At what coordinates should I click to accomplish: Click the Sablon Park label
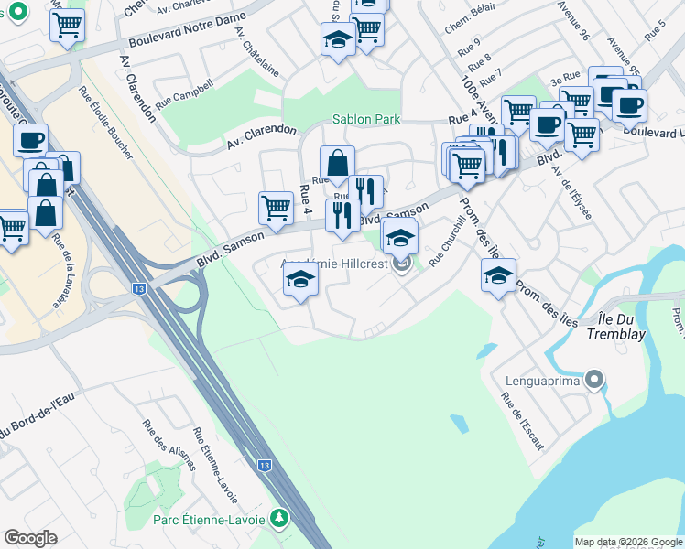366,119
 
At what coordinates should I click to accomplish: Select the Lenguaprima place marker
595,378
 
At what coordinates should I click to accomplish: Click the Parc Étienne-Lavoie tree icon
280,519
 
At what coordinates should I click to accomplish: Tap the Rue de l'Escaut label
522,422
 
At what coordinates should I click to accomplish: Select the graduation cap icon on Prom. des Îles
498,274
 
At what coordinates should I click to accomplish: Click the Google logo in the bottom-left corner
30,538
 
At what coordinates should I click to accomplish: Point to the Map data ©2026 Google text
627,542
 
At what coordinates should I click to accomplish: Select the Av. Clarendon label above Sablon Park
262,137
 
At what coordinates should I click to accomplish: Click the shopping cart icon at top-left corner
67,25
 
